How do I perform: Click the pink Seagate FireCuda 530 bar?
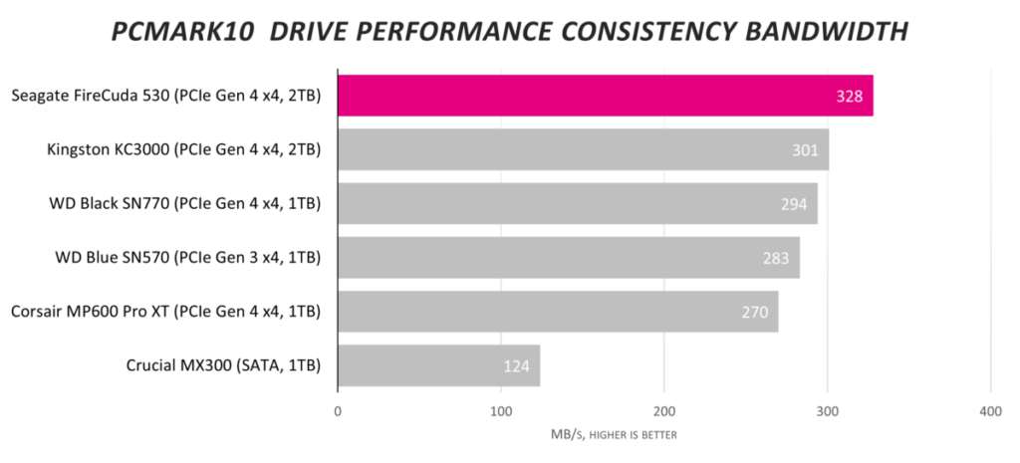pyautogui.click(x=606, y=96)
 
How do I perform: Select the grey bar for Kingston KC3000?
pyautogui.click(x=583, y=149)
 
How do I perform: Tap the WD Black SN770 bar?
pyautogui.click(x=578, y=203)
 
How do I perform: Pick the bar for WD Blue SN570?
pyautogui.click(x=569, y=257)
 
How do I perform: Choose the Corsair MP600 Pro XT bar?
pyautogui.click(x=558, y=312)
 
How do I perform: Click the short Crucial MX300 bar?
pyautogui.click(x=438, y=365)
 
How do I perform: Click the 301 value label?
pyautogui.click(x=804, y=150)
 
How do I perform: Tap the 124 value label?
pyautogui.click(x=516, y=366)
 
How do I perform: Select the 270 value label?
pyautogui.click(x=754, y=313)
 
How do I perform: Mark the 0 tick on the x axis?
pyautogui.click(x=339, y=411)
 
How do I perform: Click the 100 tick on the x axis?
pyautogui.click(x=501, y=411)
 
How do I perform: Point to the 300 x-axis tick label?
pyautogui.click(x=827, y=411)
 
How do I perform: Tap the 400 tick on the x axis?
pyautogui.click(x=989, y=411)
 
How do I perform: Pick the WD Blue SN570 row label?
pyautogui.click(x=188, y=257)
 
